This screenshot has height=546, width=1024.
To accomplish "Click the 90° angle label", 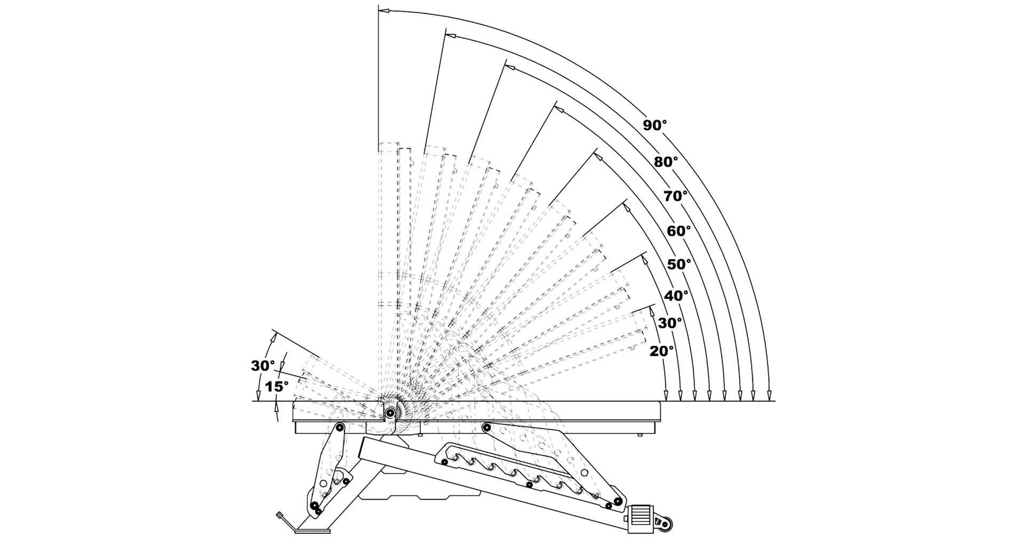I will pyautogui.click(x=654, y=125).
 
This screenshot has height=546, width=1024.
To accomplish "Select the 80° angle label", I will pyautogui.click(x=666, y=162).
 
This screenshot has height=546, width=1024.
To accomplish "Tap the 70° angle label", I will pyautogui.click(x=676, y=196).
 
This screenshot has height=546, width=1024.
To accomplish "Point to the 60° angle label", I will pyautogui.click(x=679, y=231).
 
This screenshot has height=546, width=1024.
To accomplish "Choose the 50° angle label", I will pyautogui.click(x=679, y=264).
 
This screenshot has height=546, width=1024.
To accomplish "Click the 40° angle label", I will pyautogui.click(x=676, y=295).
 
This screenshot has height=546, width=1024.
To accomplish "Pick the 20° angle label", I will pyautogui.click(x=662, y=351).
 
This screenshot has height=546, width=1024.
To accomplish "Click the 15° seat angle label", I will pyautogui.click(x=277, y=387).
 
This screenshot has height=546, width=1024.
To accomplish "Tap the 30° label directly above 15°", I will pyautogui.click(x=263, y=366).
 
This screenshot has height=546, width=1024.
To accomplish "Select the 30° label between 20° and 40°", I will pyautogui.click(x=670, y=323).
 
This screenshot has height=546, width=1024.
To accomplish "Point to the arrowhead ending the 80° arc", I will pyautogui.click(x=451, y=36).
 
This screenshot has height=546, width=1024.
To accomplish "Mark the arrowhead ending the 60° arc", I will pyautogui.click(x=559, y=109).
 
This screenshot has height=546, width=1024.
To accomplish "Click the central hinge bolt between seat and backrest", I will pyautogui.click(x=391, y=412).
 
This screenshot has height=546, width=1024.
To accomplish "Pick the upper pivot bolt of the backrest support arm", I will pyautogui.click(x=486, y=427).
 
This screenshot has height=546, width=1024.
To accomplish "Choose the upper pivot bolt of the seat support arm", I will pyautogui.click(x=339, y=427).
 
